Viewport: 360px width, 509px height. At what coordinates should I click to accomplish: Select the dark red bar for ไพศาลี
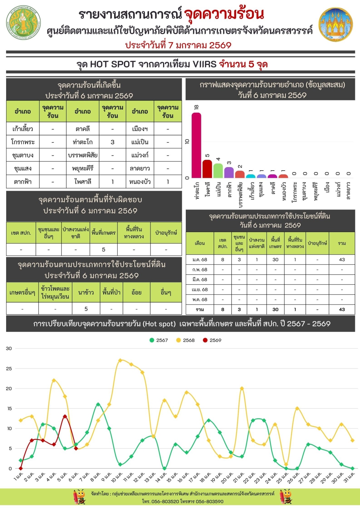pyautogui.click(x=207, y=169)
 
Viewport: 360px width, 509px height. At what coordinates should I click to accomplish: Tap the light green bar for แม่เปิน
pyautogui.click(x=218, y=171)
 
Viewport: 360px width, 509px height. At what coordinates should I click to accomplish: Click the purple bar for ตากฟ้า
pyautogui.click(x=229, y=172)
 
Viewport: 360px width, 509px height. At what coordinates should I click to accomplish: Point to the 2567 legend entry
pyautogui.click(x=159, y=340)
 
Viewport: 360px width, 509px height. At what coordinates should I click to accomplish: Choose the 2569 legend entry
pyautogui.click(x=212, y=340)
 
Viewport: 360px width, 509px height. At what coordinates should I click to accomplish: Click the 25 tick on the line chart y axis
pyautogui.click(x=9, y=369)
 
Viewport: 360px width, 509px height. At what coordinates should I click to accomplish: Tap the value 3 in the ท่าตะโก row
pyautogui.click(x=112, y=142)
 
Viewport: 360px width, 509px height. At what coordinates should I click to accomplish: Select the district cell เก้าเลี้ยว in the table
pyautogui.click(x=23, y=129)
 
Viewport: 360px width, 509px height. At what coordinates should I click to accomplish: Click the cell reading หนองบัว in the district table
pyautogui.click(x=140, y=182)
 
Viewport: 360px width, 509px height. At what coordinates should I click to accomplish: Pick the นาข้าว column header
pyautogui.click(x=86, y=293)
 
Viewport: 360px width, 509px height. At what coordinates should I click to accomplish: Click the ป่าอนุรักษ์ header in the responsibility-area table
pyautogui.click(x=166, y=233)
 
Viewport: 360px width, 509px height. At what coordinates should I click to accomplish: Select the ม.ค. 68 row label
pyautogui.click(x=200, y=260)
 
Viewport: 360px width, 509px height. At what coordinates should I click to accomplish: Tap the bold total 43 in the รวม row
pyautogui.click(x=342, y=309)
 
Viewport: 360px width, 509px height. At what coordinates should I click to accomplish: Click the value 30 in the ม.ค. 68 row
pyautogui.click(x=275, y=260)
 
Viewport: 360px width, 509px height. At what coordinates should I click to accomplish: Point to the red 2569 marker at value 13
pyautogui.click(x=65, y=416)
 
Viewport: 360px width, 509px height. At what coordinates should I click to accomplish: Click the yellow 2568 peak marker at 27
pyautogui.click(x=120, y=360)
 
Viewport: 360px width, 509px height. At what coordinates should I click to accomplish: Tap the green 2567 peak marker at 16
pyautogui.click(x=98, y=405)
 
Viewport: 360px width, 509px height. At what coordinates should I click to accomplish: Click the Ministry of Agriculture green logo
pyautogui.click(x=23, y=22)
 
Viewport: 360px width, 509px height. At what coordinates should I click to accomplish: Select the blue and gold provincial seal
pyautogui.click(x=336, y=24)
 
